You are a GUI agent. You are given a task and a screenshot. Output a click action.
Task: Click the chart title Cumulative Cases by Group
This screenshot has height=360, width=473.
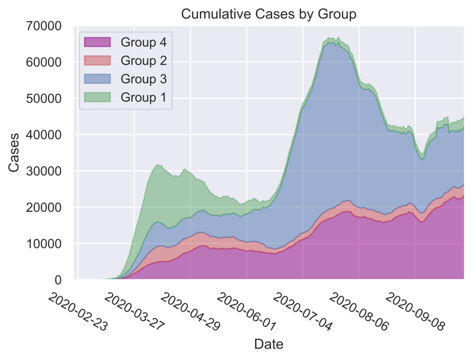coord(268,14)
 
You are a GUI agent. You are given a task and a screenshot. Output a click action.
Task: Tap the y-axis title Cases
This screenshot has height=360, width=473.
coord(14,152)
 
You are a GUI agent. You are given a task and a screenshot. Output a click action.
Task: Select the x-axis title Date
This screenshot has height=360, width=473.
coord(268,344)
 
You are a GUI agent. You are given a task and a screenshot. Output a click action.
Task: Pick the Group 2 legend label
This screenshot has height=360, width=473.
coord(144,60)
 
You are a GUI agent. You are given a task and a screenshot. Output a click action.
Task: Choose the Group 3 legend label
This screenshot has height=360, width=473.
coord(144,79)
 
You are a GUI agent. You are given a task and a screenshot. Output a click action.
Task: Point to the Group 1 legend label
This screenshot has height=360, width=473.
coord(144,97)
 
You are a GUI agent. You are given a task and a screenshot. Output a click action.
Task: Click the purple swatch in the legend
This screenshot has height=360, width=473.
coord(97,42)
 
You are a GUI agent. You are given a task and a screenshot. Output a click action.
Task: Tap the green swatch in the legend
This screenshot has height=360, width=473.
coord(97,97)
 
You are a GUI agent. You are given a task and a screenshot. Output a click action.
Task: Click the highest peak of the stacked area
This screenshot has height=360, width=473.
coord(339,38)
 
